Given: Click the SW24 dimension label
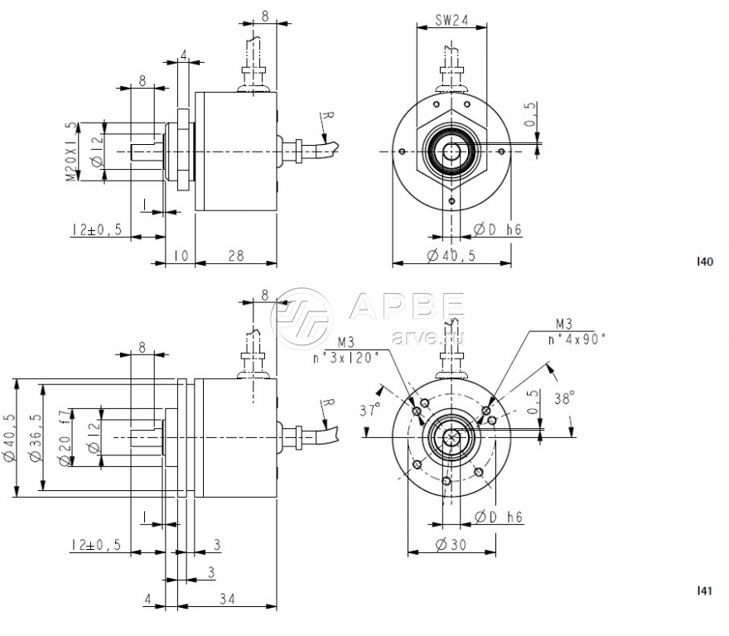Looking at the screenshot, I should click(451, 21).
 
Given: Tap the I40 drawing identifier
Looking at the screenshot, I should click(704, 263).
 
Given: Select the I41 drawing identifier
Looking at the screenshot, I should click(704, 590).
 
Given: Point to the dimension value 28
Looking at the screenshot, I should click(235, 257).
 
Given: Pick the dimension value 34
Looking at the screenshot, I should click(225, 599).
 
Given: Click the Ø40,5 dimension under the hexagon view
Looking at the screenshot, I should click(451, 257).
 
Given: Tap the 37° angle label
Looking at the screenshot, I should click(370, 410).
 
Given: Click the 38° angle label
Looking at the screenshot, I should click(563, 397).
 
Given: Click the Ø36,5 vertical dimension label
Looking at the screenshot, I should click(36, 439).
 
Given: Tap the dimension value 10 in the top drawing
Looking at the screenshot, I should click(181, 257).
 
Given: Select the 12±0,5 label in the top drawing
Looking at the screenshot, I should click(96, 229).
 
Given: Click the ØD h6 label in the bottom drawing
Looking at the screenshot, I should click(499, 518).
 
